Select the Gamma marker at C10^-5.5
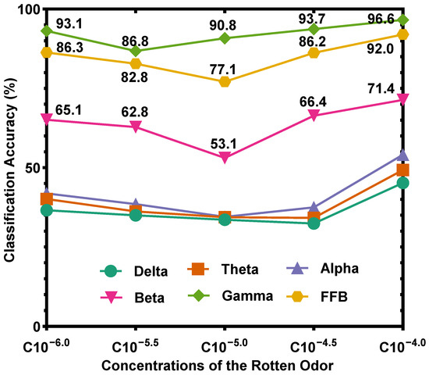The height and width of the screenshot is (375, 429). coord(136,50)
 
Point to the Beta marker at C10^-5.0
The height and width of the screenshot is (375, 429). coord(225,158)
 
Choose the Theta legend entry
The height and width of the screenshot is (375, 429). coord(234,270)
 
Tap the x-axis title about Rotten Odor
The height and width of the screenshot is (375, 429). coord(225,364)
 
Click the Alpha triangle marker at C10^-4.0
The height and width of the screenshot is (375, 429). coord(403,155)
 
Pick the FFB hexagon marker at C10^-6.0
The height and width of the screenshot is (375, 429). coord(47,52)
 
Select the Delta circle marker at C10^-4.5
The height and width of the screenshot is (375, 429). coord(314,223)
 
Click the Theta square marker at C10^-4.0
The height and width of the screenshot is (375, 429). coord(403,170)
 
